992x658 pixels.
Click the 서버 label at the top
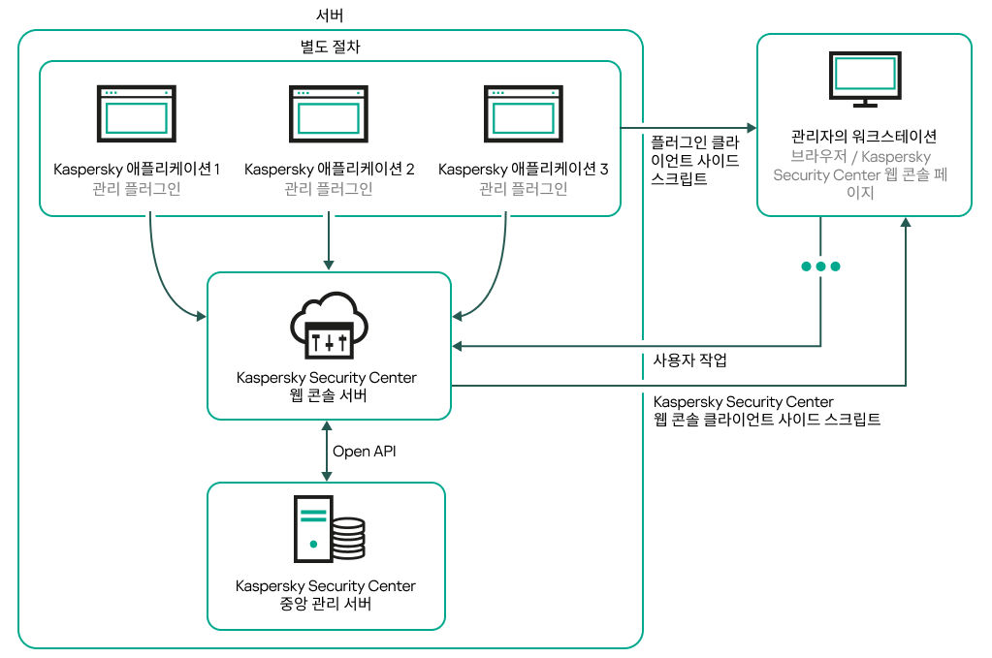click(x=330, y=16)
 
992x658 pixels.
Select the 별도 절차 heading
click(x=330, y=47)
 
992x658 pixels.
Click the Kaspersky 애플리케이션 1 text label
click(x=137, y=170)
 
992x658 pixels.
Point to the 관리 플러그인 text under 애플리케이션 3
click(x=524, y=189)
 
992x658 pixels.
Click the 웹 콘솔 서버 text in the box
click(x=330, y=396)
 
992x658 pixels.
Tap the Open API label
click(x=365, y=451)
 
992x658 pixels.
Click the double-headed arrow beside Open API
click(x=328, y=451)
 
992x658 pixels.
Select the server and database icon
click(x=330, y=529)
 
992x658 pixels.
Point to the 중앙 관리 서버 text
click(x=326, y=605)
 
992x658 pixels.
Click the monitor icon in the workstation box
click(x=865, y=80)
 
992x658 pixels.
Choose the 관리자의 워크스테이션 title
click(x=864, y=136)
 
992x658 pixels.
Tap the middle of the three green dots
click(x=820, y=266)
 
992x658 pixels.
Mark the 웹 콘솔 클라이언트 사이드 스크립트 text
click(x=767, y=420)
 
